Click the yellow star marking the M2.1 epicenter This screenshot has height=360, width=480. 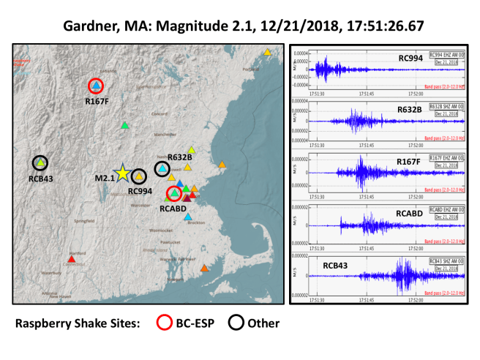click(123, 173)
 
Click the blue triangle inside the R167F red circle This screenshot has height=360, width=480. click(96, 86)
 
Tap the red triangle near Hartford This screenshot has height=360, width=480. click(71, 258)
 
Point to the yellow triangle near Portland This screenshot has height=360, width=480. click(268, 52)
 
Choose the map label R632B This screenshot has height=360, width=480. click(179, 157)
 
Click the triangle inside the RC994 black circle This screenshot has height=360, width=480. click(138, 175)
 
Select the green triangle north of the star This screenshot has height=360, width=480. click(125, 125)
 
